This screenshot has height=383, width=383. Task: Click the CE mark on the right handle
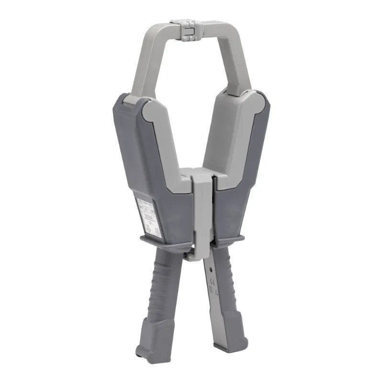click(x=212, y=282)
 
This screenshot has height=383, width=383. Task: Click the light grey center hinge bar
click(x=202, y=211)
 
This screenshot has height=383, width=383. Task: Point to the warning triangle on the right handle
click(x=214, y=293)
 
